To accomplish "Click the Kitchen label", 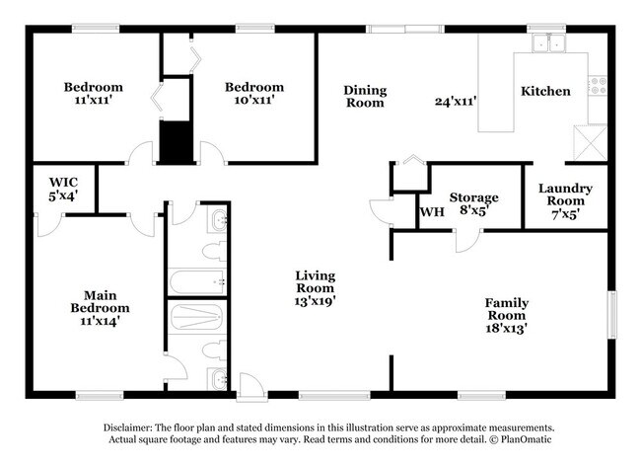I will (545, 91).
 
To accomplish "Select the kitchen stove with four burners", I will (596, 87).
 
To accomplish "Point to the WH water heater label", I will (431, 212).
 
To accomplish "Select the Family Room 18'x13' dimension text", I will (506, 330).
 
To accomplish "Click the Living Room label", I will (316, 281).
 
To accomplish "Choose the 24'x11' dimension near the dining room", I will (456, 100).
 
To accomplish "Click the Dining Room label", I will (364, 97).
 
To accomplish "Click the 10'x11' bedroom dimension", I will (253, 100).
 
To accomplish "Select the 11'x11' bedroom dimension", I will (94, 100).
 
